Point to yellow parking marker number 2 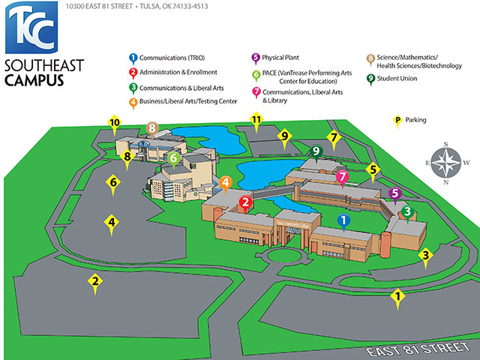95,282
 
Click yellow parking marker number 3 425,256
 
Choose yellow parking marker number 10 115,123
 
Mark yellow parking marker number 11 256,120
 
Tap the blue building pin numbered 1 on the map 344,220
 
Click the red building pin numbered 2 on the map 245,201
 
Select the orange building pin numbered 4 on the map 225,182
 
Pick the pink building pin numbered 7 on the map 343,178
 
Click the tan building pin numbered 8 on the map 152,129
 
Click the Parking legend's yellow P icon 397,120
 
